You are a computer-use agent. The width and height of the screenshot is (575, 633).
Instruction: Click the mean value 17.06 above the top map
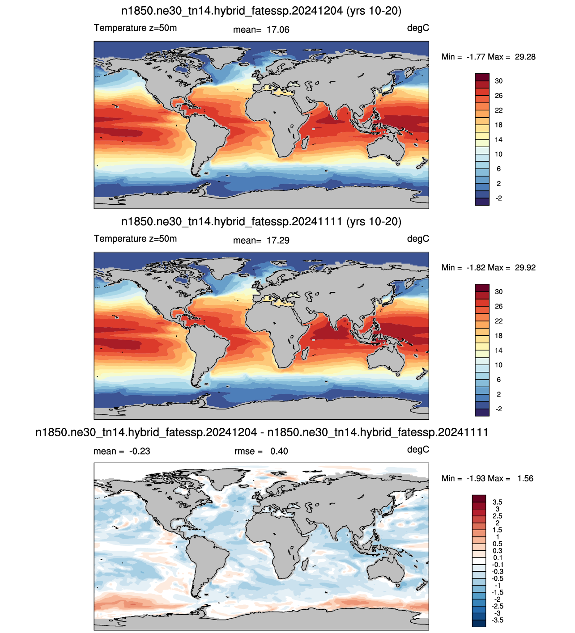pyautogui.click(x=278, y=30)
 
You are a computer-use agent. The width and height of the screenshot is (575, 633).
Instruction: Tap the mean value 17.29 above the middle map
pyautogui.click(x=278, y=241)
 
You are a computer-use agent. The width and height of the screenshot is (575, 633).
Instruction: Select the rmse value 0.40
pyautogui.click(x=279, y=451)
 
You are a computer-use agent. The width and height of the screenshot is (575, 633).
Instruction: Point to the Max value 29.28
pyautogui.click(x=525, y=57)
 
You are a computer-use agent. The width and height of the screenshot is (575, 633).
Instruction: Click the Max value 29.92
pyautogui.click(x=525, y=268)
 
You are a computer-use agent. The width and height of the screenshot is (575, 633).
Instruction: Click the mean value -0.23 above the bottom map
pyautogui.click(x=140, y=451)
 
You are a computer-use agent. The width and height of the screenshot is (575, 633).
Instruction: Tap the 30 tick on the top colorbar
pyautogui.click(x=498, y=81)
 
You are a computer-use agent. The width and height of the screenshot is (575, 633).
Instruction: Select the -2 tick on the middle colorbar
pyautogui.click(x=498, y=409)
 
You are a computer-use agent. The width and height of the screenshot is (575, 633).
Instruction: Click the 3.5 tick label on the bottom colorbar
pyautogui.click(x=497, y=502)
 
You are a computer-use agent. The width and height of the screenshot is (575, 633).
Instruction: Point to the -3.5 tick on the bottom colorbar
pyautogui.click(x=497, y=620)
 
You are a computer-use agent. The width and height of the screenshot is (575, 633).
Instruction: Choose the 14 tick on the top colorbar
pyautogui.click(x=498, y=139)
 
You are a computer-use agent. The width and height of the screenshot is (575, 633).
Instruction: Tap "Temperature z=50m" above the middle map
pyautogui.click(x=135, y=239)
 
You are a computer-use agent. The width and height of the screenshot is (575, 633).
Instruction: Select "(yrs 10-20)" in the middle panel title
pyautogui.click(x=374, y=222)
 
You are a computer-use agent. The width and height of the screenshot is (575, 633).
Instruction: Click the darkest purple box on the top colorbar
pyautogui.click(x=482, y=202)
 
